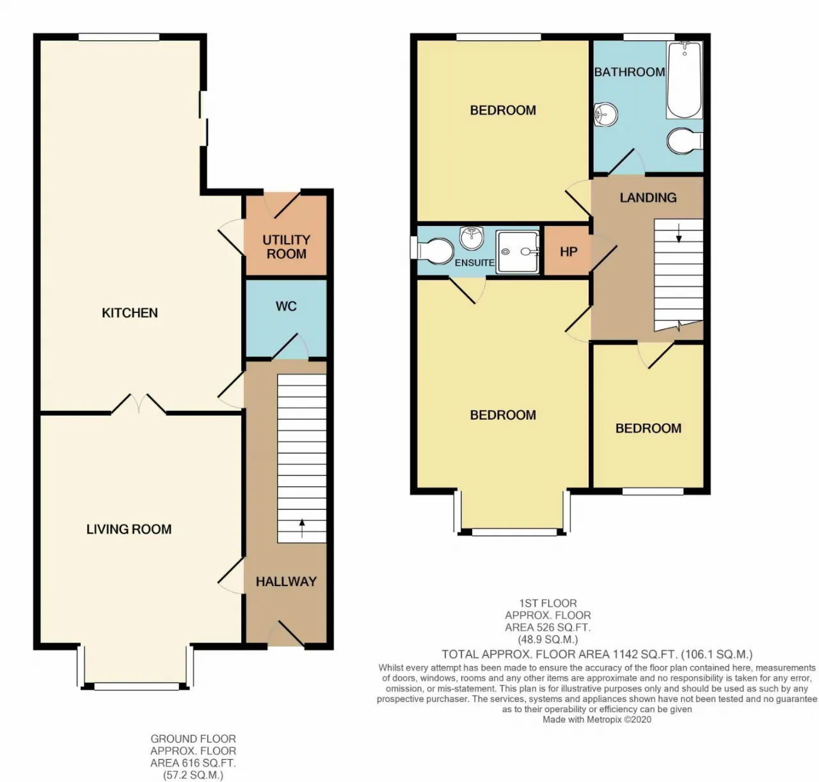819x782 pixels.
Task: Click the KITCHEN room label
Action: coord(130,313)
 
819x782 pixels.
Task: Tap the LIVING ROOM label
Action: coord(129,529)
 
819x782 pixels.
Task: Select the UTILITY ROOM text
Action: coord(286,246)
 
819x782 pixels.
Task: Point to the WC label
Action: coord(286,306)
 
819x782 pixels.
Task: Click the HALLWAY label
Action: coord(286,581)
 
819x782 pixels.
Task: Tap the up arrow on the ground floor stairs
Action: coord(302,529)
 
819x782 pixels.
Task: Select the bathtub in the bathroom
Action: coord(684,79)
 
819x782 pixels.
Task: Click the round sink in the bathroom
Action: coord(606,114)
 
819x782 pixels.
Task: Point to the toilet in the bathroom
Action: coord(685,141)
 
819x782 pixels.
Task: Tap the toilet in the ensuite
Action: coord(433,251)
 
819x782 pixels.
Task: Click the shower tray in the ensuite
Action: coord(517,251)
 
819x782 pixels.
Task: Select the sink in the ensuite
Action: coord(472,238)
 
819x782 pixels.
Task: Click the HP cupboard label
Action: coord(569,251)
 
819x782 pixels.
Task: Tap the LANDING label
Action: coord(648,197)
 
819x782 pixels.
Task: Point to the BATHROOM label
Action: coord(630,72)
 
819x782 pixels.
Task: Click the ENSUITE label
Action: coord(474,262)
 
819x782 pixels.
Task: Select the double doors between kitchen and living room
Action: coord(138,404)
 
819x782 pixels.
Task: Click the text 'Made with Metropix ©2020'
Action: coord(597,719)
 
